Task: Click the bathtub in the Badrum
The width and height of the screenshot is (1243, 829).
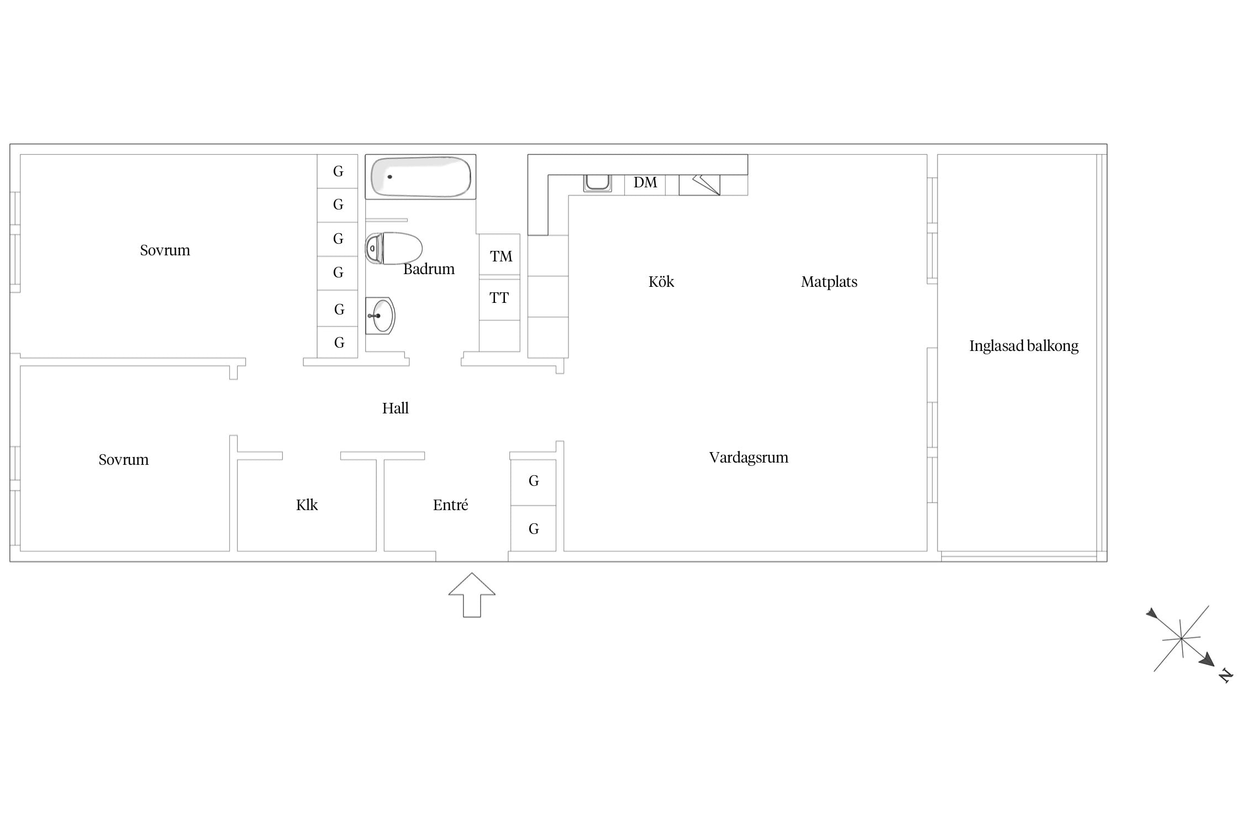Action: click(420, 177)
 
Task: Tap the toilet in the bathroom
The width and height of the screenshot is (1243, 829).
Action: click(394, 248)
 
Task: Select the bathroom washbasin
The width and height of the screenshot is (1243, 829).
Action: click(381, 316)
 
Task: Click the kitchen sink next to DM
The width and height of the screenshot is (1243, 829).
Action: click(597, 183)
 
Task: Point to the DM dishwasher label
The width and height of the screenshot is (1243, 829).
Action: click(645, 182)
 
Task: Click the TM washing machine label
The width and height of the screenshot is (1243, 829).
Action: click(501, 256)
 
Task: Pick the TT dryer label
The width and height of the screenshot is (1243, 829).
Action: click(499, 298)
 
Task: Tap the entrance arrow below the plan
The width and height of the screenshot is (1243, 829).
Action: click(472, 595)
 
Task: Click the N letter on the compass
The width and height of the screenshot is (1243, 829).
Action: click(1226, 675)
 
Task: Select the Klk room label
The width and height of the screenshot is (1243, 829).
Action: click(307, 505)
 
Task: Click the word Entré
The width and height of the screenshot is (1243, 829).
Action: click(450, 505)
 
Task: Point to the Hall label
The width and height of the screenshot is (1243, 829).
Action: click(396, 408)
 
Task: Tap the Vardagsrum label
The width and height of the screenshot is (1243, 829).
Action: click(749, 458)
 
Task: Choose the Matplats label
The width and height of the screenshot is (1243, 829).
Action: click(829, 282)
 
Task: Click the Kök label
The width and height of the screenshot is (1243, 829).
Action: click(661, 281)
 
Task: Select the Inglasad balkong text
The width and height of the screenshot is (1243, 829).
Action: click(1024, 346)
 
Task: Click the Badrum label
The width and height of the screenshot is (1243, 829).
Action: click(429, 269)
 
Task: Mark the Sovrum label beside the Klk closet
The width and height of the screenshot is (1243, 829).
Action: click(124, 460)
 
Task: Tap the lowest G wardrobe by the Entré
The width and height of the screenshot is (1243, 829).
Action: click(533, 528)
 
